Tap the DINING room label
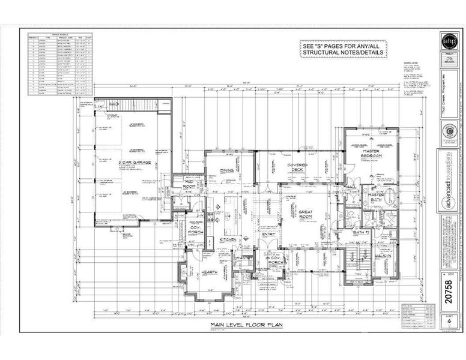pyautogui.click(x=226, y=171)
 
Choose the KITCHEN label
pyautogui.click(x=228, y=239)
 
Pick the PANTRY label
pyautogui.click(x=244, y=258)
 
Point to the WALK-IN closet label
pyautogui.click(x=384, y=256)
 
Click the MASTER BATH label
pyautogui.click(x=377, y=199)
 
